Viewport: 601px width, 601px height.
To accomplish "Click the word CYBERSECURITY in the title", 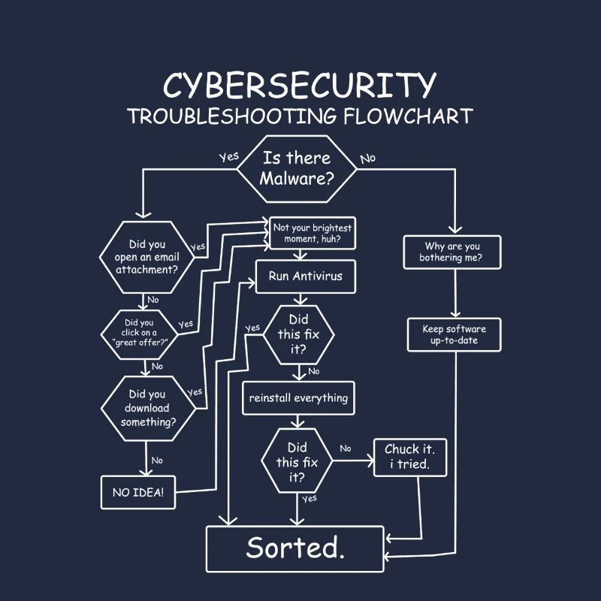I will [x=299, y=86].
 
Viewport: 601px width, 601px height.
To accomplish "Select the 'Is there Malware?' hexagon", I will [x=297, y=169].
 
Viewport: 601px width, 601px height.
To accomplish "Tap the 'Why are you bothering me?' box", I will [x=452, y=252].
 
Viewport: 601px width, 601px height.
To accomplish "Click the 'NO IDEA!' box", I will [x=138, y=493].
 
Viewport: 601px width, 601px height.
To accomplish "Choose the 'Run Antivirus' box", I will [x=305, y=276].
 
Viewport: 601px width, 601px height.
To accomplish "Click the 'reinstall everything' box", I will [x=298, y=398].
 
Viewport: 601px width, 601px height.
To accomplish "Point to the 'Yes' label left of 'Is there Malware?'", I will [x=228, y=157].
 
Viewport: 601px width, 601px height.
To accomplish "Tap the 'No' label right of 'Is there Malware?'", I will [x=367, y=159].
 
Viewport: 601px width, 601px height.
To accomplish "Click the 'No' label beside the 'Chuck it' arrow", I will [x=345, y=448].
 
